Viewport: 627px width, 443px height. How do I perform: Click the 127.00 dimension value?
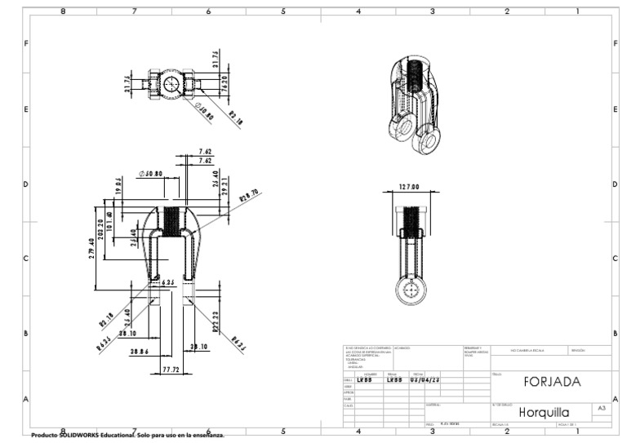(x=409, y=187)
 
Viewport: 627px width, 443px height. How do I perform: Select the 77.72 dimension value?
(x=170, y=370)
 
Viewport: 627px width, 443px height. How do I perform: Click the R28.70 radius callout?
(x=249, y=196)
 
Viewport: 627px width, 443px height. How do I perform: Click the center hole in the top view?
(x=171, y=83)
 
